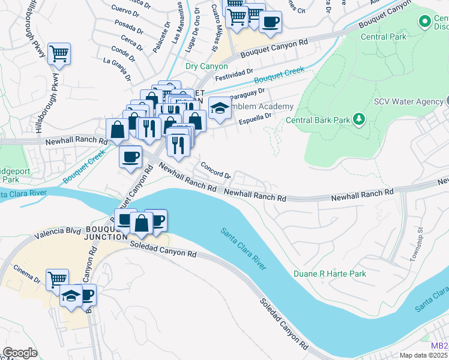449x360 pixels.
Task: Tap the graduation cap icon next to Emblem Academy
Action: point(220,109)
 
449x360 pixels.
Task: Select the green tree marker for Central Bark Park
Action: point(359,119)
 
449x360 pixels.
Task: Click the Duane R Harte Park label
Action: point(330,274)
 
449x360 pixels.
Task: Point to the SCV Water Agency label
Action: point(408,102)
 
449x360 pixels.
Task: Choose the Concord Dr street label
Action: point(215,170)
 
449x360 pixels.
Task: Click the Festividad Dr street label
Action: point(232,74)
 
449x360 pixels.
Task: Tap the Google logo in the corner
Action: point(20,353)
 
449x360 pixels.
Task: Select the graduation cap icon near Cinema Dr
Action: point(71,296)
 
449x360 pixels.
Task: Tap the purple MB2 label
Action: point(439,346)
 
